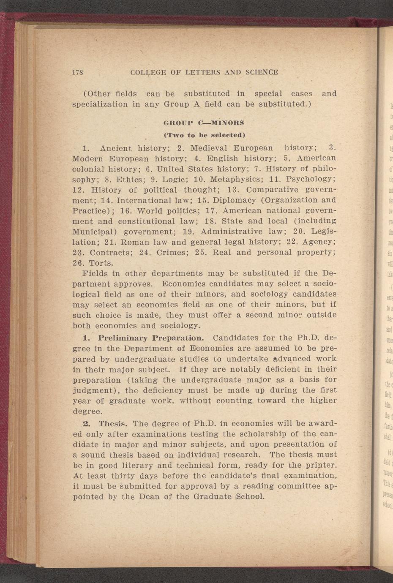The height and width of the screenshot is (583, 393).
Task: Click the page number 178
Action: point(78,72)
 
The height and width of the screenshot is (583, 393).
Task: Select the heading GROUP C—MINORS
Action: point(204,123)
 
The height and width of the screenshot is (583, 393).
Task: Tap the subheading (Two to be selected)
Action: point(204,135)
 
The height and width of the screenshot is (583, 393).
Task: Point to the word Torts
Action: point(101,263)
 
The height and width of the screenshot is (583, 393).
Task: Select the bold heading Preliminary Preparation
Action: point(151,338)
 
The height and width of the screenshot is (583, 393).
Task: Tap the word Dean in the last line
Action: point(137,497)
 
